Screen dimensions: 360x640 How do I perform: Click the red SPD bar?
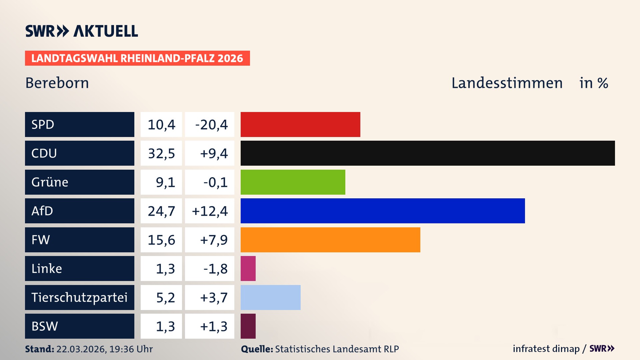pos(300,124)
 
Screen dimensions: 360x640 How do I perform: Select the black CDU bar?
pos(427,153)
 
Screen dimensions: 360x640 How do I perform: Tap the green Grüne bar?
pos(293,182)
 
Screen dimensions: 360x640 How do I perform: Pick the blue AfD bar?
pos(382,211)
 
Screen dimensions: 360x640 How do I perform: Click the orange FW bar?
pos(330,240)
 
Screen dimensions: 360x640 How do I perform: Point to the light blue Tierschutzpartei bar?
pos(270,297)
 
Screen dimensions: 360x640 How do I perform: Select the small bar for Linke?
pos(248,268)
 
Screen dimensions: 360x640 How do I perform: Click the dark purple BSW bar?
pos(248,326)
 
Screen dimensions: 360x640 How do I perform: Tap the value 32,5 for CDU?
pos(161,153)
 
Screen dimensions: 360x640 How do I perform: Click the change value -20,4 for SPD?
pos(211,125)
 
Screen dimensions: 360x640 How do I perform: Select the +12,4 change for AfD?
pos(210,211)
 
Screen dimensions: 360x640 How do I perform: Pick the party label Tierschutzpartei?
pos(79,297)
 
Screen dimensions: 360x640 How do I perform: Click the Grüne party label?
pos(50,182)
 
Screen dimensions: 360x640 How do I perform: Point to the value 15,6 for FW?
pos(161,240)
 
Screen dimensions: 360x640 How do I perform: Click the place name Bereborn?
pos(57,83)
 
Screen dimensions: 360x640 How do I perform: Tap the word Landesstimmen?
pos(507,83)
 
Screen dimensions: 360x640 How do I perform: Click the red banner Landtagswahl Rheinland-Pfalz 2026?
pos(137,58)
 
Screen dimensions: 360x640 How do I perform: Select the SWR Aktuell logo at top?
pos(81,31)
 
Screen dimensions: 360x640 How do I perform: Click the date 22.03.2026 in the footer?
pos(81,349)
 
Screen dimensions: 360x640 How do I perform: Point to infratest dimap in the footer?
pos(546,349)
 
